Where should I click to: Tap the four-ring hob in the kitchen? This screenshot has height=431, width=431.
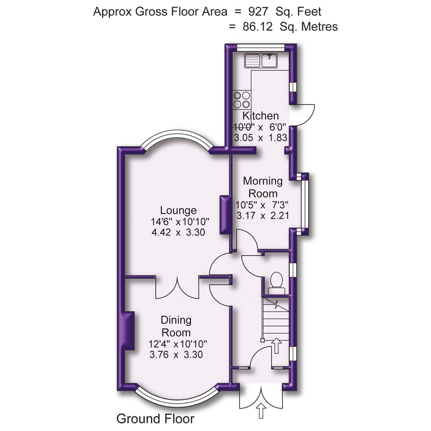pos(242,99)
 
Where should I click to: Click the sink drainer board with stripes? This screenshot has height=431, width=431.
pos(252,61)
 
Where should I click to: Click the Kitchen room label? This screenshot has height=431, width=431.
pos(261,116)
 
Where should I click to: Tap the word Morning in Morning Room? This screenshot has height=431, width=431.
pos(263,181)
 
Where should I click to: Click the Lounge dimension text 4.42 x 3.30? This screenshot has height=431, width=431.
pos(178,232)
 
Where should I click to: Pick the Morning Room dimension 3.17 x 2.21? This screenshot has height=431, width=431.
pos(263,216)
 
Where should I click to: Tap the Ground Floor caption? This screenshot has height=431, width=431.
pos(155,419)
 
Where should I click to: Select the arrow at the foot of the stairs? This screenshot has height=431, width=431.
pos(276,346)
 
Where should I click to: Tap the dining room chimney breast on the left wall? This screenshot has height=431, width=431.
pos(128,331)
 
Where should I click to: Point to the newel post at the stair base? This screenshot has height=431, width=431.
pos(262,340)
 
